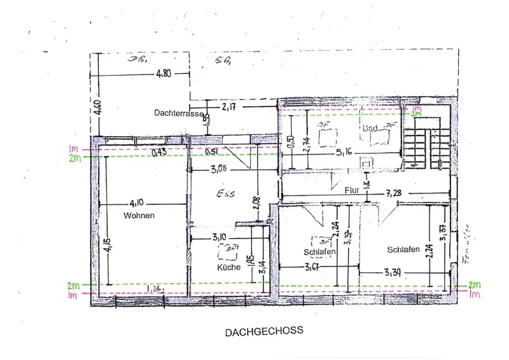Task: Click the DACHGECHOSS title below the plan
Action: pyautogui.click(x=263, y=331)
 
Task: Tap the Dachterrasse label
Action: pyautogui.click(x=178, y=113)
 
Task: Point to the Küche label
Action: pyautogui.click(x=228, y=268)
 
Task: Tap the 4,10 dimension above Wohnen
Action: pyautogui.click(x=137, y=204)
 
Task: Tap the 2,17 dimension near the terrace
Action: pyautogui.click(x=229, y=107)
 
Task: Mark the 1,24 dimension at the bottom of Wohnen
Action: pyautogui.click(x=155, y=289)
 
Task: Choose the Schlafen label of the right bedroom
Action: pyautogui.click(x=403, y=249)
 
